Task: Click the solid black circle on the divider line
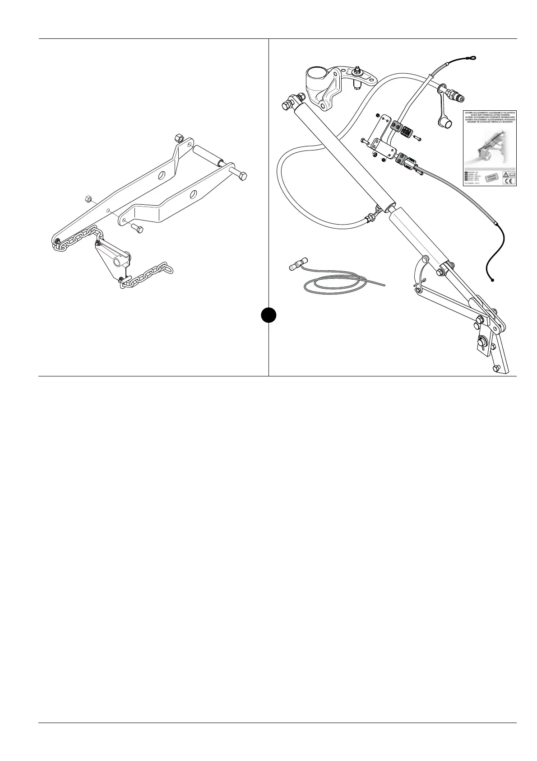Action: pos(268,315)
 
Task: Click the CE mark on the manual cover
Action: pos(507,182)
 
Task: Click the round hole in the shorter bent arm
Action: pos(193,194)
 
